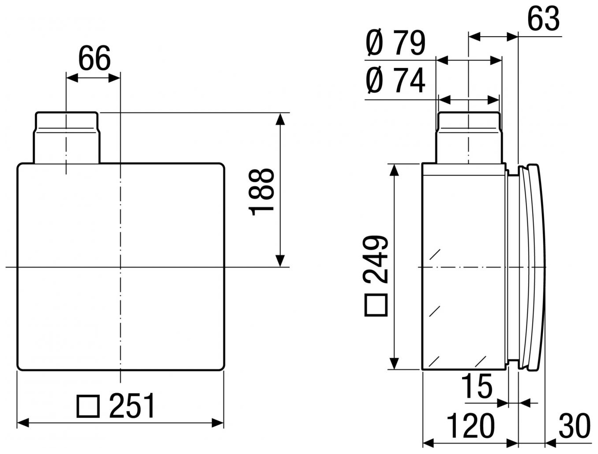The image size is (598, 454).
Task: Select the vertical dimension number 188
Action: point(261,192)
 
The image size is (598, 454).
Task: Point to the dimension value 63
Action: point(543,19)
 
